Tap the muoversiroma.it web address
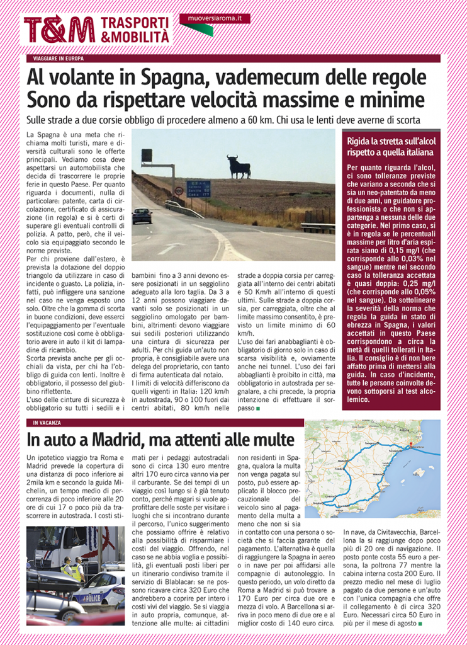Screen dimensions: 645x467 click(214, 18)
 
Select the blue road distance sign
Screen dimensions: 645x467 click(198, 188)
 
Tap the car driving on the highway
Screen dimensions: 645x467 click(142, 215)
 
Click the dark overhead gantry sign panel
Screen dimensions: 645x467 click(147, 156)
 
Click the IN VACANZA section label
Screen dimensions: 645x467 click(47, 423)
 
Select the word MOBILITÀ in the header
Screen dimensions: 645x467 click(135, 37)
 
